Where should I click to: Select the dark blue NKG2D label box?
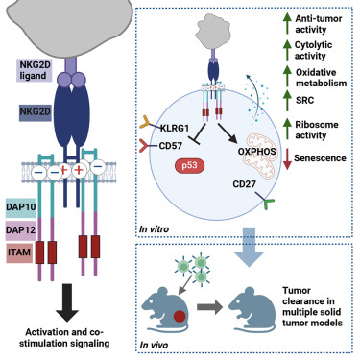[28, 112]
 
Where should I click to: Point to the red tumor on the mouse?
[180, 316]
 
